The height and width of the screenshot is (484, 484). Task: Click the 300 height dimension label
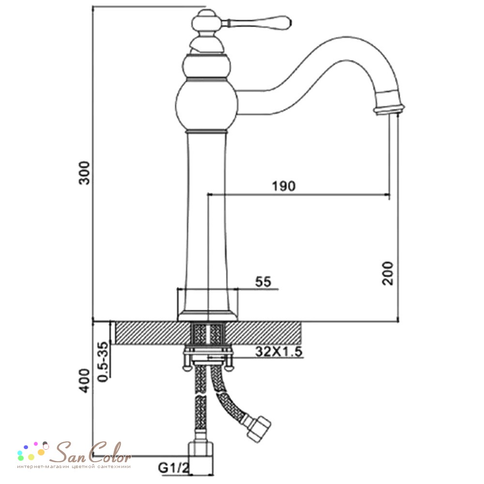[x=84, y=173]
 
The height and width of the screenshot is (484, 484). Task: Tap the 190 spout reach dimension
[x=283, y=186]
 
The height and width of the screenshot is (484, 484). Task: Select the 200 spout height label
[x=387, y=273]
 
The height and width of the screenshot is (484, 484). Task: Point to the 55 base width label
[x=263, y=282]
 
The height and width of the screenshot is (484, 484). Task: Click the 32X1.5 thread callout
[x=279, y=351]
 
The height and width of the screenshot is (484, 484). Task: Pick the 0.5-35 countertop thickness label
[x=103, y=362]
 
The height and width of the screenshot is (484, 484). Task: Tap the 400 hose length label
[x=84, y=380]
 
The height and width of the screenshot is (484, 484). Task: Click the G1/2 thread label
[x=173, y=468]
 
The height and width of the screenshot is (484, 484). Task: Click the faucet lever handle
[x=256, y=22]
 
